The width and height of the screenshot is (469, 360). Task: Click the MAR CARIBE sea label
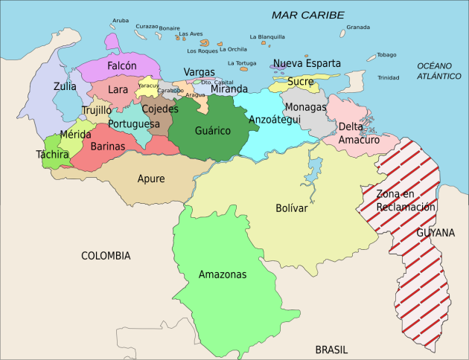(x=307, y=15)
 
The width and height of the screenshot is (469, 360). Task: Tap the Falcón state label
(x=121, y=65)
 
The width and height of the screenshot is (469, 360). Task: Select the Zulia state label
(x=65, y=86)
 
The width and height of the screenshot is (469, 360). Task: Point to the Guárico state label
(x=212, y=131)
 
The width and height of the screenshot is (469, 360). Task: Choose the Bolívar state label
(x=291, y=208)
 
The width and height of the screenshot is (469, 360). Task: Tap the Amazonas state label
(x=222, y=274)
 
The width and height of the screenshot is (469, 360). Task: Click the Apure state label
(x=151, y=179)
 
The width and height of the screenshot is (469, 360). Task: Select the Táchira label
(x=52, y=155)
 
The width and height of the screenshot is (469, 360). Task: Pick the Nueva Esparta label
(x=307, y=63)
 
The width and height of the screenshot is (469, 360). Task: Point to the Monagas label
(x=305, y=107)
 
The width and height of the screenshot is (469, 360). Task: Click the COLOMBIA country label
(x=106, y=255)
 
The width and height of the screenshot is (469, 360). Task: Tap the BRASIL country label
(x=331, y=349)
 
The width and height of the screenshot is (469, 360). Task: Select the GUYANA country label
(x=435, y=233)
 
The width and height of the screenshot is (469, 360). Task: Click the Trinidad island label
(x=388, y=77)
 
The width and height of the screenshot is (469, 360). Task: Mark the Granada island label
(x=357, y=28)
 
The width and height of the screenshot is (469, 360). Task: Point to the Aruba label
(x=120, y=20)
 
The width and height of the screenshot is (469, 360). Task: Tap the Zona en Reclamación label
(x=405, y=201)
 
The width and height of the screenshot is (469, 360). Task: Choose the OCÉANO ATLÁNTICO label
(x=439, y=71)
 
